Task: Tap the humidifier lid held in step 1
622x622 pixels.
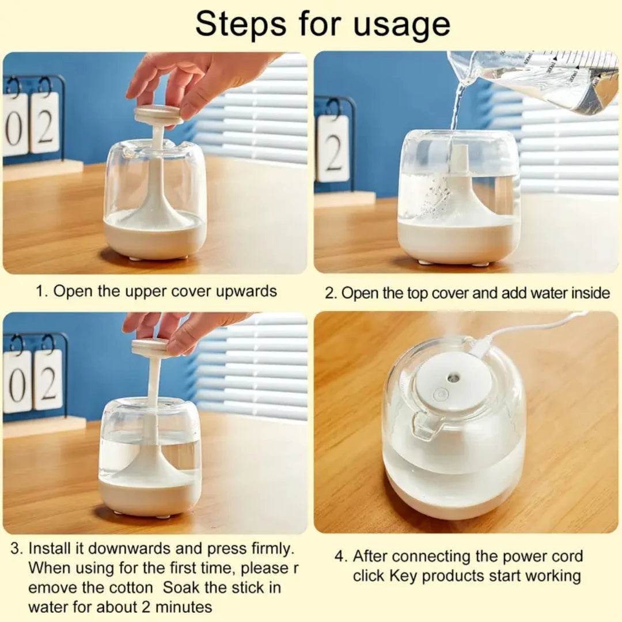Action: (x=158, y=115)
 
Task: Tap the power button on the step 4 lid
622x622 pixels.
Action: (x=441, y=395)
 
